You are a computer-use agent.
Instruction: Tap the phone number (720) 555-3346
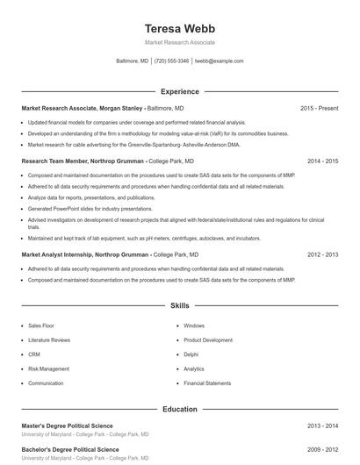pos(172,61)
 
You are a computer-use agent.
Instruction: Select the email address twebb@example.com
pos(219,61)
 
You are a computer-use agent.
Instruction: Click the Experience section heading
pos(180,91)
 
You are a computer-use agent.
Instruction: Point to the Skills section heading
pos(180,306)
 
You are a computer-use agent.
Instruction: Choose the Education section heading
pos(180,409)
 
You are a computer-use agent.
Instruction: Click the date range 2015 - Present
pos(319,108)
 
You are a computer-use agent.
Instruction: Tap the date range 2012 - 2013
pos(322,254)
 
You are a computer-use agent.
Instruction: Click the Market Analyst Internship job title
pos(84,254)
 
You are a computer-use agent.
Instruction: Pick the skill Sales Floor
pos(41,325)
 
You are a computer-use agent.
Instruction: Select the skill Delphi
pos(191,354)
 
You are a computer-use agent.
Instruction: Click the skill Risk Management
pos(48,368)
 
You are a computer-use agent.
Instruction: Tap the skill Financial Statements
pos(207,383)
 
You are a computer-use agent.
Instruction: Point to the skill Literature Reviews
pos(49,340)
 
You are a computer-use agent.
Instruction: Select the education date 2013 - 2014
pos(322,426)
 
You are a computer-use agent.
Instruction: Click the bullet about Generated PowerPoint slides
pos(77,209)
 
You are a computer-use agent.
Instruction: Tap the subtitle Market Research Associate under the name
pos(180,42)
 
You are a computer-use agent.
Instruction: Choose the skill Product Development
pos(208,340)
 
